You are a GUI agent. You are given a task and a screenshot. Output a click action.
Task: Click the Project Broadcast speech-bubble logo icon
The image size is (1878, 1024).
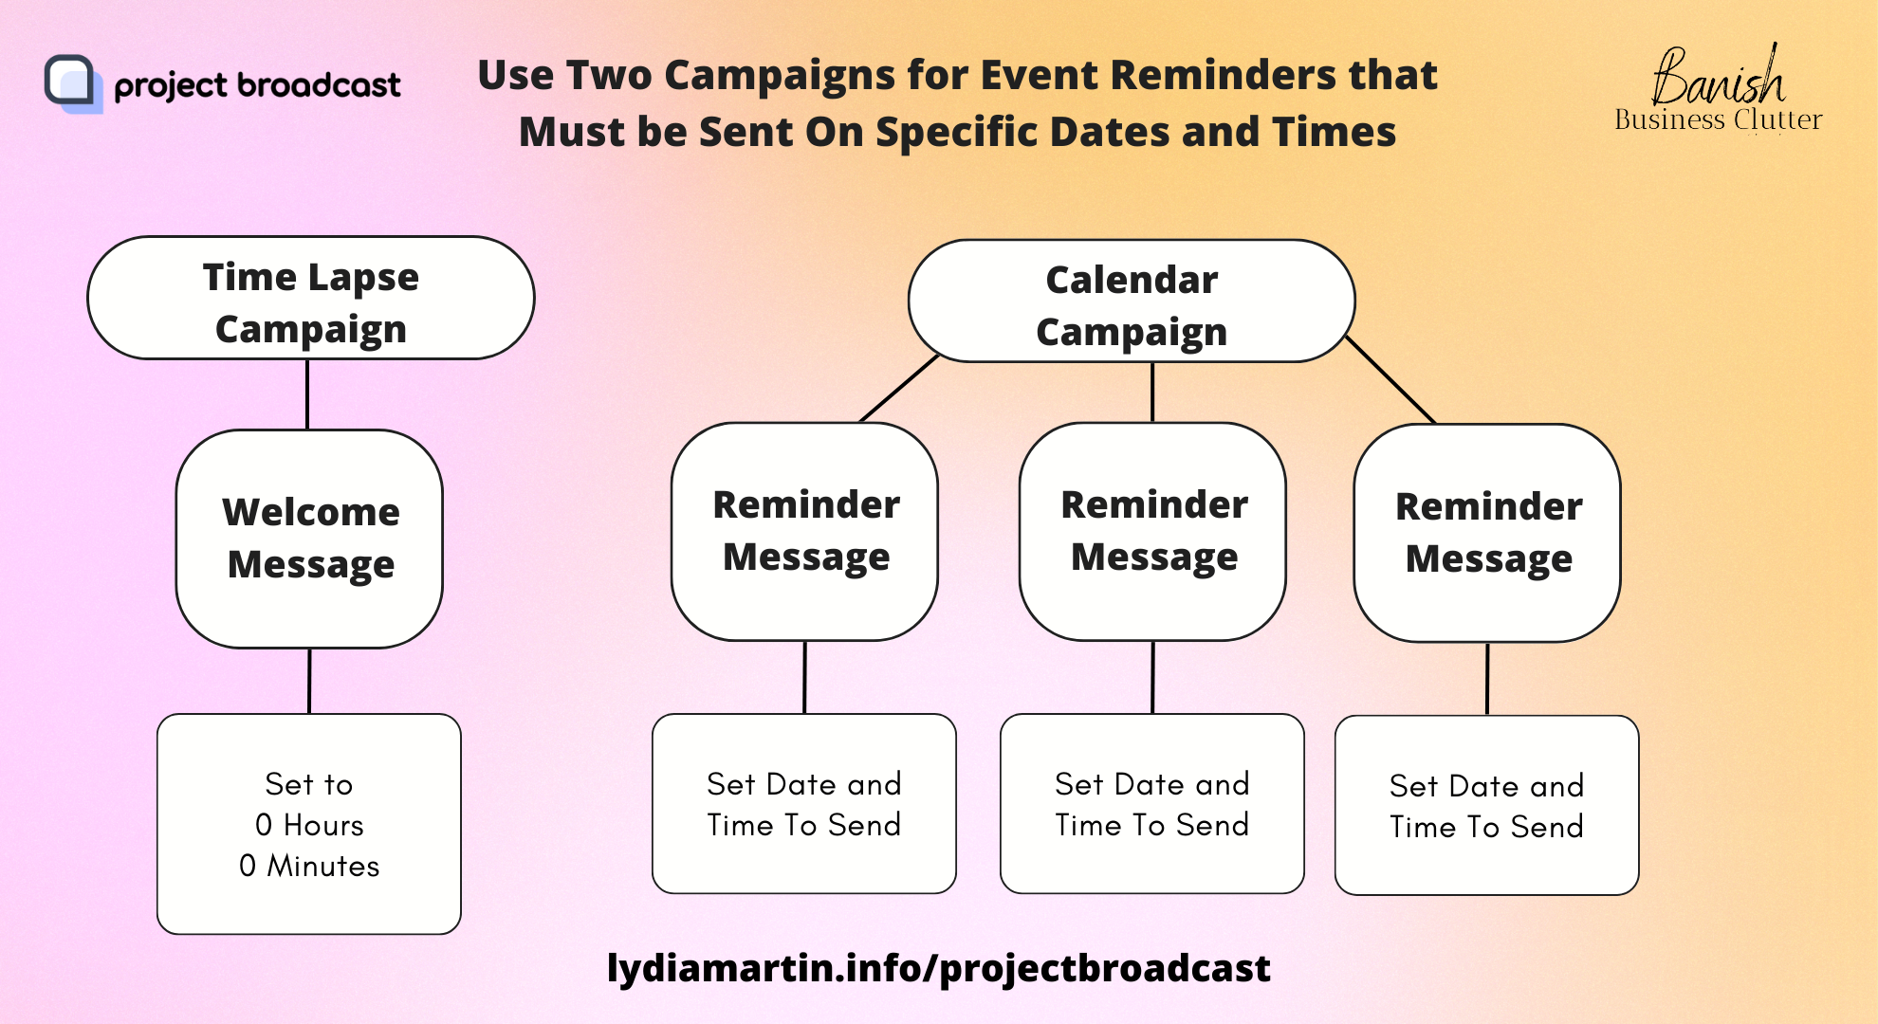(73, 83)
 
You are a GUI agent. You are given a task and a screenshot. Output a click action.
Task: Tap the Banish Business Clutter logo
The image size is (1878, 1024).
(1718, 89)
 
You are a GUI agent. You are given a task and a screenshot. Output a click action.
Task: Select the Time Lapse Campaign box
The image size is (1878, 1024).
(311, 298)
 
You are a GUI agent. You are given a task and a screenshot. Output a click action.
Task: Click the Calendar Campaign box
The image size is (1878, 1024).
(1132, 301)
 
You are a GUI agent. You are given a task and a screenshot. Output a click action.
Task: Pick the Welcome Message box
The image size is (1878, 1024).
(309, 539)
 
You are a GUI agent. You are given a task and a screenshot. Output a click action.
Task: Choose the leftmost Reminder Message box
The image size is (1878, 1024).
(804, 531)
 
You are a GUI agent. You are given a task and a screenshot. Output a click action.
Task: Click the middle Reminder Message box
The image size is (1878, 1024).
(1152, 531)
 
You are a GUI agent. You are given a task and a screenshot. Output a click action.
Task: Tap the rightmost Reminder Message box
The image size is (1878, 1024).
(1487, 533)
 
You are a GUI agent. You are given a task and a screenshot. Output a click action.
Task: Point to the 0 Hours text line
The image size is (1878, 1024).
(309, 825)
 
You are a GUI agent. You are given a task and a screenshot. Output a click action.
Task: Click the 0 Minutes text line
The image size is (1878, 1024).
(309, 866)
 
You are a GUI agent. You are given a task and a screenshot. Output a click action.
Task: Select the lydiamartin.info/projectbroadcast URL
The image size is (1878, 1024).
(939, 968)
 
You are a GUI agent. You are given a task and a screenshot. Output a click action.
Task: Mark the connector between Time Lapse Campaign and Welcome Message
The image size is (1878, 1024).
(307, 394)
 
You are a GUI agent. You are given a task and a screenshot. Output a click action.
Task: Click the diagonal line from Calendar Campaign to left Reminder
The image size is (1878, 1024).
(899, 388)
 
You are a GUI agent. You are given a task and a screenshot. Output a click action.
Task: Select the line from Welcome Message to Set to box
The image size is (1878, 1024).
(309, 681)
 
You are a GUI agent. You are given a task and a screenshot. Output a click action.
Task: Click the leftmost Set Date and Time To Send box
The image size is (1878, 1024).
(804, 803)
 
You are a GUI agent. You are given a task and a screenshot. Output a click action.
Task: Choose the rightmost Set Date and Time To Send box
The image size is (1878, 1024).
(1487, 805)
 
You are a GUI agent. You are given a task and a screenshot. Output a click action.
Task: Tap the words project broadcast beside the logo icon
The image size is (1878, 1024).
(257, 85)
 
